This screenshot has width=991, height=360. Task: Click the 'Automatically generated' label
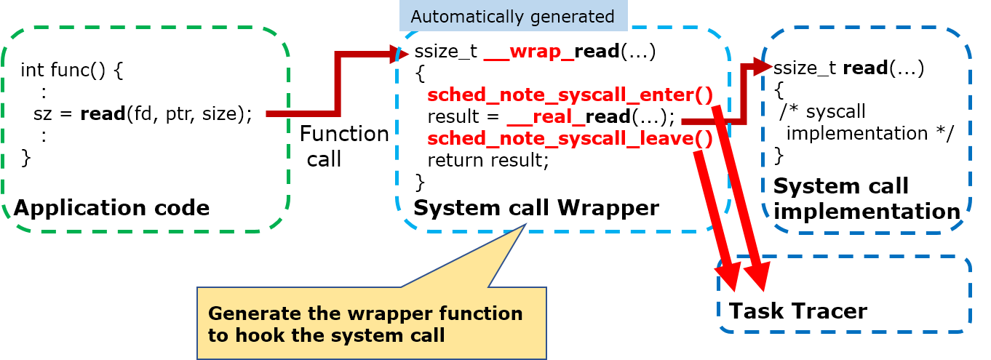click(512, 16)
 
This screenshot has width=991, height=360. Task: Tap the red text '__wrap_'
click(529, 53)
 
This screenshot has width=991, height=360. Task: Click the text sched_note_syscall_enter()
click(569, 95)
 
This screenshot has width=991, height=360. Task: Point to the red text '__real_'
click(546, 117)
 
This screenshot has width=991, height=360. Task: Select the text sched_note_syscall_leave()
click(569, 138)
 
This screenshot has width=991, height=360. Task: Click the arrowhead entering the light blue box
click(399, 54)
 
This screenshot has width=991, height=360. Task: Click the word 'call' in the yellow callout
click(426, 335)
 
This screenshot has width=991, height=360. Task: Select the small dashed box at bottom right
click(844, 295)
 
